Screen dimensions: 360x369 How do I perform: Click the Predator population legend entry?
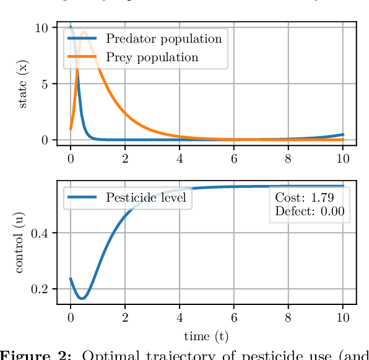pyautogui.click(x=163, y=39)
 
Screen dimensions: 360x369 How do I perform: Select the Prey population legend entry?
pyautogui.click(x=152, y=58)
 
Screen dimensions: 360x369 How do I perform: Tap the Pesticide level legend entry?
pyautogui.click(x=145, y=198)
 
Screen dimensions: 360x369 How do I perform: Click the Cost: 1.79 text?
pyautogui.click(x=304, y=198)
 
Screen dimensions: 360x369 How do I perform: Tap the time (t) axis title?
pyautogui.click(x=206, y=336)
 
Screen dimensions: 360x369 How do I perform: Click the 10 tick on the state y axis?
pyautogui.click(x=41, y=28)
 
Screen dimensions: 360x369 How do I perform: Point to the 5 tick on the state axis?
pyautogui.click(x=45, y=84)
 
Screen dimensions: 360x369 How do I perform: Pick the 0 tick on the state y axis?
pyautogui.click(x=45, y=140)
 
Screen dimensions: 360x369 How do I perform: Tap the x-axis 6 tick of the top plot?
pyautogui.click(x=234, y=159)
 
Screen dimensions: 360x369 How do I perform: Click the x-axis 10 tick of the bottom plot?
pyautogui.click(x=342, y=317)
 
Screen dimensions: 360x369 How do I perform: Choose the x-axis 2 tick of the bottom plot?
pyautogui.click(x=125, y=317)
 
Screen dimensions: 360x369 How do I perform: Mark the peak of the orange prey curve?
pyautogui.click(x=84, y=31)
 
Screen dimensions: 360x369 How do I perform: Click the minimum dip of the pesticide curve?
pyautogui.click(x=81, y=299)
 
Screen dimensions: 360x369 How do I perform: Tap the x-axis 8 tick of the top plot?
pyautogui.click(x=288, y=159)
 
